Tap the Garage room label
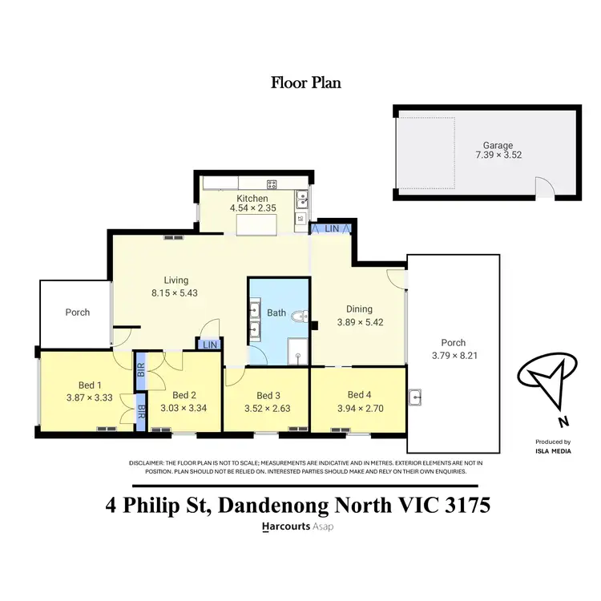click(486, 145)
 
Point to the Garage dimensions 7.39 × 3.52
click(486, 155)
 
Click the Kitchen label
click(252, 198)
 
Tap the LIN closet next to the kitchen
click(332, 229)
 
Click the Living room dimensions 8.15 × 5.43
click(176, 292)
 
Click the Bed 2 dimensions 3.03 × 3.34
click(184, 406)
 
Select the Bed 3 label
click(268, 395)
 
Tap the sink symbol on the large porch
click(416, 397)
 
